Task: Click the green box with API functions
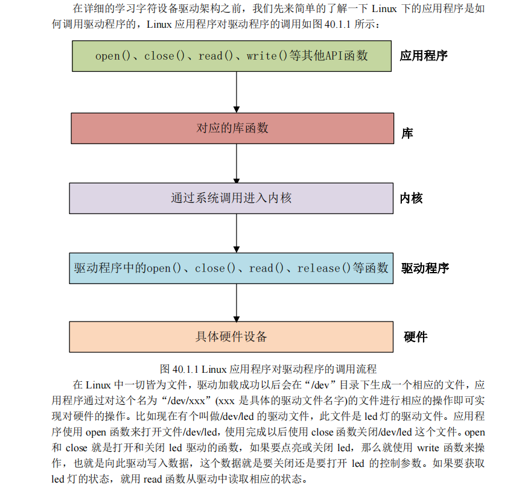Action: pyautogui.click(x=232, y=56)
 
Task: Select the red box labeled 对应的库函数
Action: pyautogui.click(x=232, y=128)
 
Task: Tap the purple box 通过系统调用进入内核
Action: pyautogui.click(x=232, y=198)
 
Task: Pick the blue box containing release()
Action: pyautogui.click(x=232, y=268)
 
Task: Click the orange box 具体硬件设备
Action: pyautogui.click(x=232, y=337)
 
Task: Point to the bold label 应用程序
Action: pyautogui.click(x=424, y=56)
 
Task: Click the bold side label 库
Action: pyautogui.click(x=407, y=133)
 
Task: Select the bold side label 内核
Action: pyautogui.click(x=412, y=198)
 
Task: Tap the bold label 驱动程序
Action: pyautogui.click(x=425, y=268)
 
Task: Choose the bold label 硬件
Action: pyautogui.click(x=416, y=337)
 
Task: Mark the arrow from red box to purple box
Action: pyautogui.click(x=237, y=163)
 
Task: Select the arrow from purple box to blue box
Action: pyautogui.click(x=237, y=233)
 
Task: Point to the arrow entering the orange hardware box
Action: pyautogui.click(x=237, y=303)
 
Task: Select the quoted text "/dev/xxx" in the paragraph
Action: pyautogui.click(x=182, y=401)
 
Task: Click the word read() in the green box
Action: pyautogui.click(x=216, y=56)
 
